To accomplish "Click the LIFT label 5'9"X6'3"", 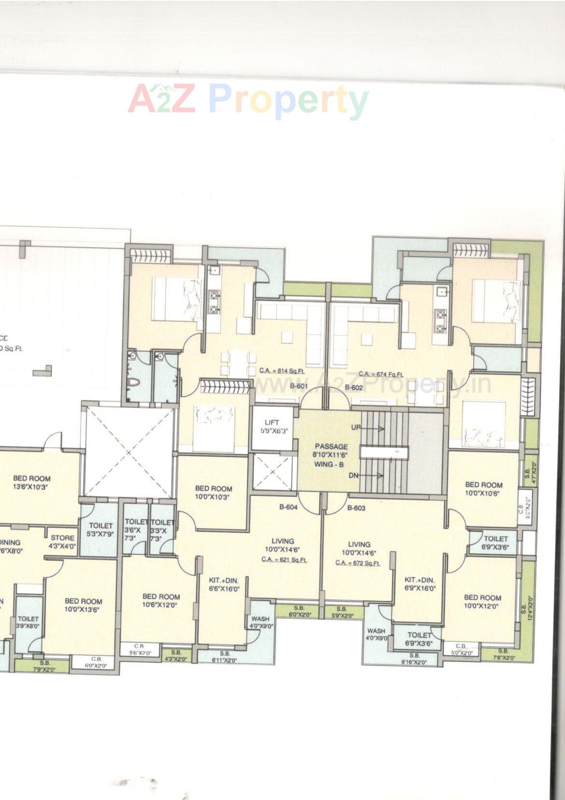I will pyautogui.click(x=272, y=426).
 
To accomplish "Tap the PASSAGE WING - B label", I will pyautogui.click(x=331, y=455).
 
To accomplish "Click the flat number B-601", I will pyautogui.click(x=299, y=386).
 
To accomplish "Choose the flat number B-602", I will pyautogui.click(x=354, y=387).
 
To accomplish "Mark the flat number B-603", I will pyautogui.click(x=356, y=508).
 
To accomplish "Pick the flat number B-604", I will pyautogui.click(x=288, y=507).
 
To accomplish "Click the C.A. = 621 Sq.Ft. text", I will pyautogui.click(x=284, y=559).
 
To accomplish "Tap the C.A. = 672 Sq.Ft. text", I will pyautogui.click(x=358, y=563).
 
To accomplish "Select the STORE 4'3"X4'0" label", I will pyautogui.click(x=62, y=542).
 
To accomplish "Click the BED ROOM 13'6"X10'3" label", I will pyautogui.click(x=31, y=482).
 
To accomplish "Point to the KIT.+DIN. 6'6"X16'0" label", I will pyautogui.click(x=224, y=584).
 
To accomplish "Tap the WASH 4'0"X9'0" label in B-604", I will pyautogui.click(x=261, y=622).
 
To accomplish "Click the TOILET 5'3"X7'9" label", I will pyautogui.click(x=101, y=529).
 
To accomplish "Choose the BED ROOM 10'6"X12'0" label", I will pyautogui.click(x=161, y=601).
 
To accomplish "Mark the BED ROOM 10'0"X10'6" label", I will pyautogui.click(x=484, y=489).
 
